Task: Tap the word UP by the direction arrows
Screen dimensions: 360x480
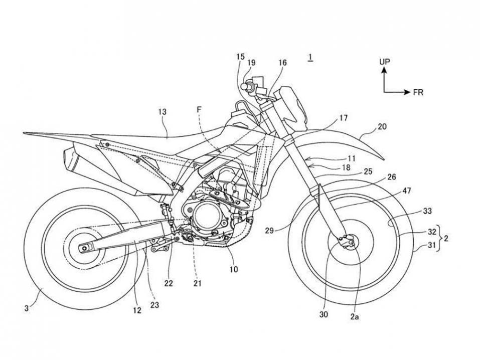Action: click(x=385, y=62)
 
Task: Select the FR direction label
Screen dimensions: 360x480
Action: click(x=418, y=93)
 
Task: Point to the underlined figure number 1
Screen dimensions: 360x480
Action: click(x=311, y=58)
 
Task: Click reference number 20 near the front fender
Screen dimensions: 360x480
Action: click(x=382, y=127)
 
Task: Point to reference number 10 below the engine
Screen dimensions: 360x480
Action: click(x=234, y=269)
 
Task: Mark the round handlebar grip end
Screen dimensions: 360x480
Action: click(x=246, y=86)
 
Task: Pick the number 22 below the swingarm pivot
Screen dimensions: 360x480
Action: click(x=169, y=283)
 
